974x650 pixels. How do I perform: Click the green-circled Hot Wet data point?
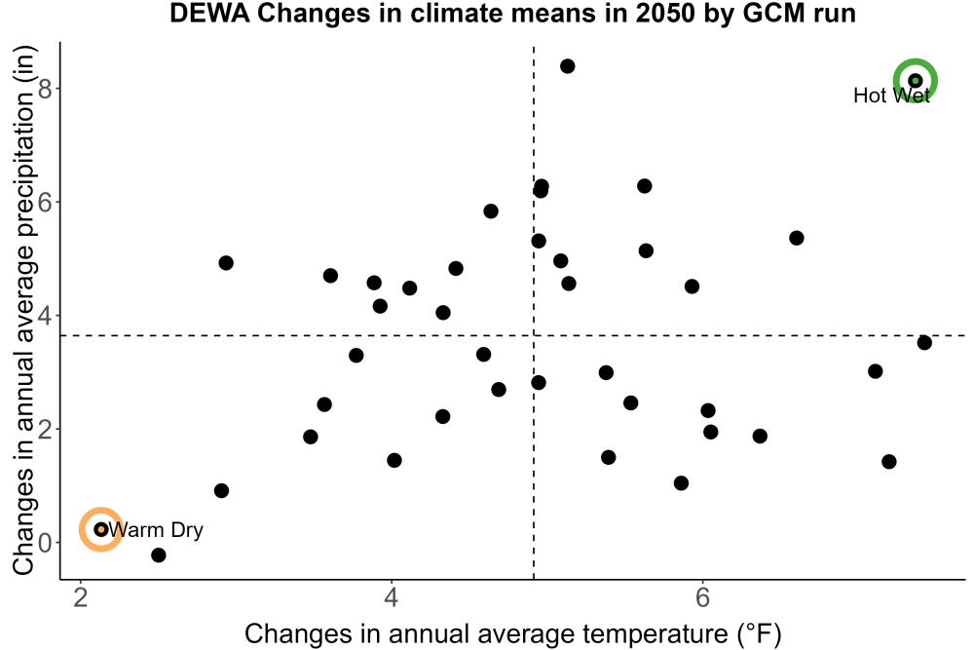click(x=915, y=81)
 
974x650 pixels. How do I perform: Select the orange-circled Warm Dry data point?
click(x=101, y=529)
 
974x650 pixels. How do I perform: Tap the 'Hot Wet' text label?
click(x=891, y=96)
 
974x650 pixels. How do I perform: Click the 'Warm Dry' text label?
click(x=155, y=529)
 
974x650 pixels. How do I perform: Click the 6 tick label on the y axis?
click(x=46, y=202)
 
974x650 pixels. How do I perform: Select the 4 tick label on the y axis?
click(x=46, y=315)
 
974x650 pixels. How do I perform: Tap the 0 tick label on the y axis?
click(x=46, y=543)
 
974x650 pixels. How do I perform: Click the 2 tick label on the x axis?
click(x=80, y=597)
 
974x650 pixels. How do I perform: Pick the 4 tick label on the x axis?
click(x=391, y=597)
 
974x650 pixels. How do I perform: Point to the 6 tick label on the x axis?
click(x=702, y=597)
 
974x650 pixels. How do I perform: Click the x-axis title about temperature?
click(x=513, y=633)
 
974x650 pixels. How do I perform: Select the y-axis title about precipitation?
click(x=23, y=311)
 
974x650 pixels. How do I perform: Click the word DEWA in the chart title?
click(x=210, y=13)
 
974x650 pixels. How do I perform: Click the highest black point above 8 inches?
click(x=567, y=66)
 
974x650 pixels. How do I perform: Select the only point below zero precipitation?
click(x=159, y=554)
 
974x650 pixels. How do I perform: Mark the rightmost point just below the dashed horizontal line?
click(x=924, y=342)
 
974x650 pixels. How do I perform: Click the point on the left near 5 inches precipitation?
click(x=226, y=263)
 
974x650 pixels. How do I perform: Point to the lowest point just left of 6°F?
click(x=681, y=482)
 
